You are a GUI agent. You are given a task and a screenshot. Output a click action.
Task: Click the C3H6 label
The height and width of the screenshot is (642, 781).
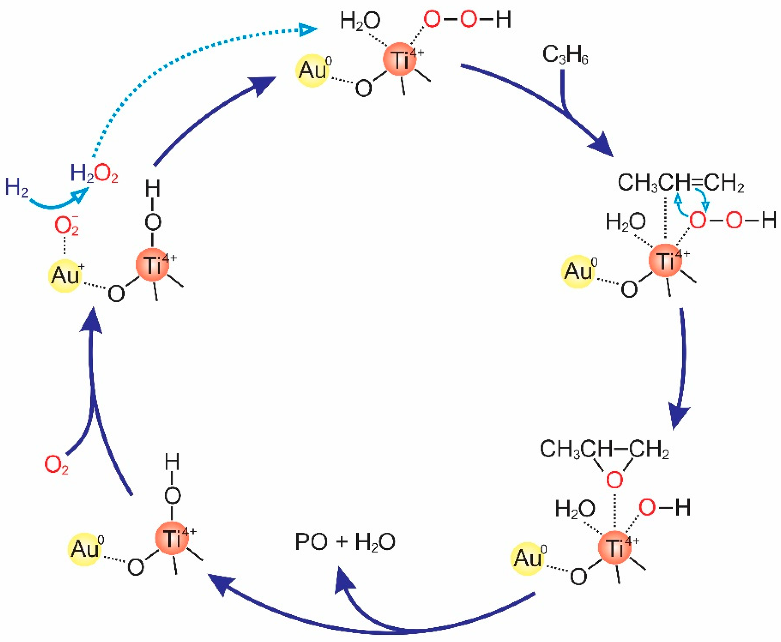565,55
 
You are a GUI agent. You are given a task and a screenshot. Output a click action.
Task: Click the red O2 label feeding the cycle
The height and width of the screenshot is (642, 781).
56,465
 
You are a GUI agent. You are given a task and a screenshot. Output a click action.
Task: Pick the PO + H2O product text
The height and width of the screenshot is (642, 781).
345,542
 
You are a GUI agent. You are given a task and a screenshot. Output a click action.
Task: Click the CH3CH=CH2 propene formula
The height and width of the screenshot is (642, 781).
680,183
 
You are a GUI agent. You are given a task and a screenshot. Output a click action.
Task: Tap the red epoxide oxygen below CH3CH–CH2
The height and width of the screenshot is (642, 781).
614,480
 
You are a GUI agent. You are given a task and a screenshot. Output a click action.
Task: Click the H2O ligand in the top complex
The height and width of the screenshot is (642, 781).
360,21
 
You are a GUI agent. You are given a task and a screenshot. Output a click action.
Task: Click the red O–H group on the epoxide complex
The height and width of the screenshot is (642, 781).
664,507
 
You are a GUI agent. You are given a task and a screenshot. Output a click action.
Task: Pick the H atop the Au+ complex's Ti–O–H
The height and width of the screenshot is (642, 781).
152,189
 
